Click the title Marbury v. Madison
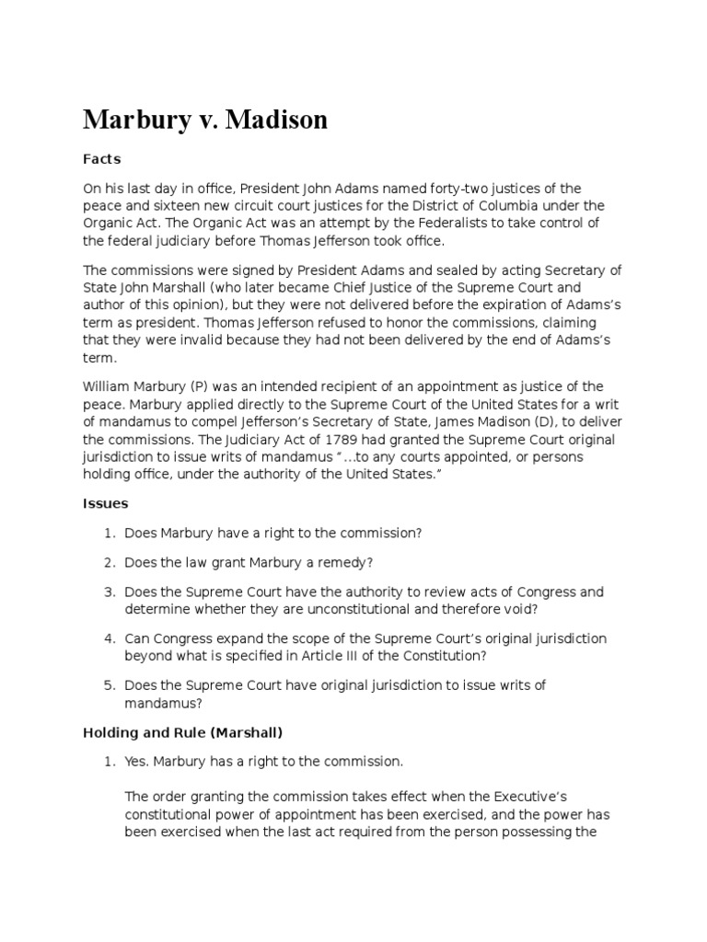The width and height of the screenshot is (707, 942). pyautogui.click(x=205, y=120)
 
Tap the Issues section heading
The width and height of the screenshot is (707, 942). pyautogui.click(x=106, y=503)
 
